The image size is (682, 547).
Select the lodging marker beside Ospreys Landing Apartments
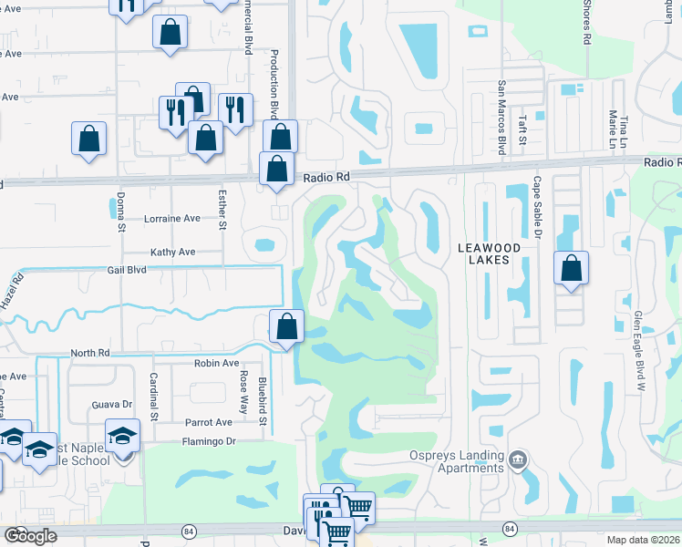click(x=519, y=457)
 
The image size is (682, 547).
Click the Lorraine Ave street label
click(x=172, y=219)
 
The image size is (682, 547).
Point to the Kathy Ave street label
click(x=173, y=252)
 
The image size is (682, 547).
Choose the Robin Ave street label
click(x=216, y=362)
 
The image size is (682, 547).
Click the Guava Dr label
click(x=112, y=404)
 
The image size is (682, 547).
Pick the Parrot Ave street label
click(x=210, y=422)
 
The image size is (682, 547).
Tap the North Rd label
click(x=89, y=353)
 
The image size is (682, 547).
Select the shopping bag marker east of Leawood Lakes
click(x=571, y=269)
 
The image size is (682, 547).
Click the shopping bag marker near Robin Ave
click(x=287, y=326)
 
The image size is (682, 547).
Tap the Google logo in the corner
click(x=30, y=536)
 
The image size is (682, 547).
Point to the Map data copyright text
click(x=642, y=540)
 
